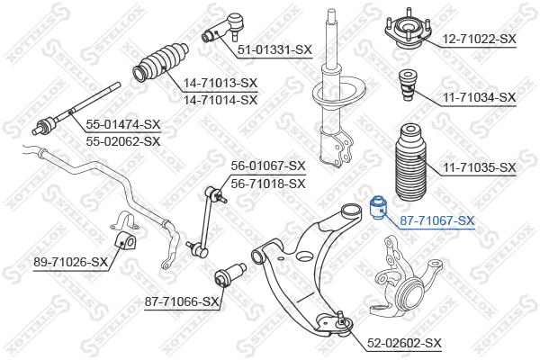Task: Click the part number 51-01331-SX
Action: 274,50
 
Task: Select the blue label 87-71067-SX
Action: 437,220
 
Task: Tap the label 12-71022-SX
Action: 479,39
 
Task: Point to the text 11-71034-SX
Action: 479,97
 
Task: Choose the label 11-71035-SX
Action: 479,167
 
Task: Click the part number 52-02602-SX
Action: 404,343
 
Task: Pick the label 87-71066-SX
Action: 182,301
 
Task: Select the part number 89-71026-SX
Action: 70,262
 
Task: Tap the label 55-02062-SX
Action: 123,141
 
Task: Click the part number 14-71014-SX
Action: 220,100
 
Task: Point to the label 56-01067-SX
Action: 268,166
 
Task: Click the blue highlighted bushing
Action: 378,208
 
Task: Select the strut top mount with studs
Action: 408,30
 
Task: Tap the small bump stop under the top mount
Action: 408,85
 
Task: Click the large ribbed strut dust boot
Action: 410,164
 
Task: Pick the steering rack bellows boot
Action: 161,62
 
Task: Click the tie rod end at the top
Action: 223,27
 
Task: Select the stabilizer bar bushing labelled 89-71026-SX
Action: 125,242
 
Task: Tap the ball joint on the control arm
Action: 343,323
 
